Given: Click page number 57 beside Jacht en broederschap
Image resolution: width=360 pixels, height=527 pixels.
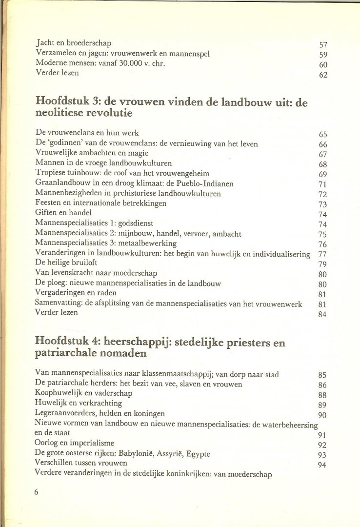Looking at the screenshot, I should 323,45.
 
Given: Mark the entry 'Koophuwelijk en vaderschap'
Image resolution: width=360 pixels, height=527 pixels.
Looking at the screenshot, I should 84,393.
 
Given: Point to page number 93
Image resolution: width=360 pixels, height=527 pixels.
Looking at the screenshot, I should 322,455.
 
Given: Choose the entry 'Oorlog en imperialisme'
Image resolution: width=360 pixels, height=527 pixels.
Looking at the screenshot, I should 75,443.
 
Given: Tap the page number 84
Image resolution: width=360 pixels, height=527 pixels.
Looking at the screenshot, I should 322,315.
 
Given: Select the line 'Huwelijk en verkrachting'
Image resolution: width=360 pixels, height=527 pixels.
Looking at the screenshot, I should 79,403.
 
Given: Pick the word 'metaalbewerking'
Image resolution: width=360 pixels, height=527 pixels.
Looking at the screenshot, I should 149,243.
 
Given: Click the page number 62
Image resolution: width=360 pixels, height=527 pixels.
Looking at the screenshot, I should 323,75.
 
